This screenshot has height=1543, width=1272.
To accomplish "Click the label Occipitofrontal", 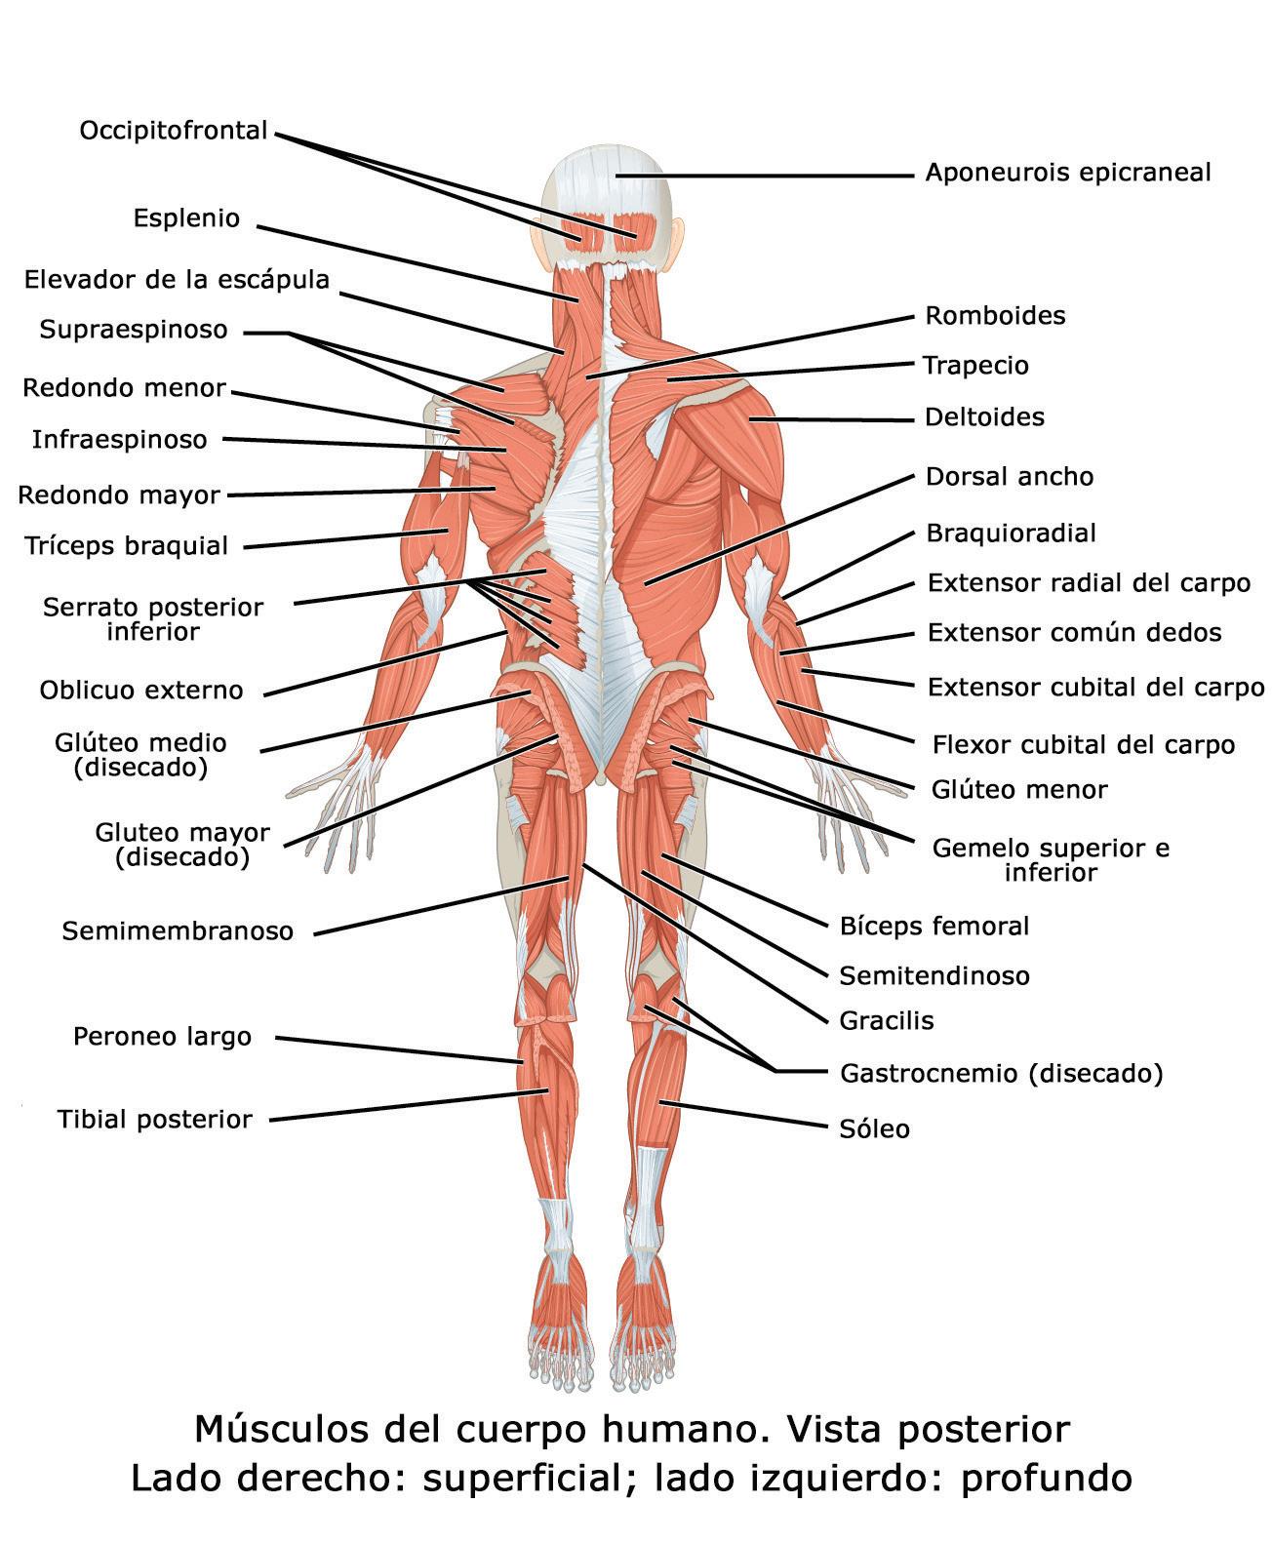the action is tap(174, 131).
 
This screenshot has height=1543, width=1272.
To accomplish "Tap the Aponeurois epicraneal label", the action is tap(1067, 173).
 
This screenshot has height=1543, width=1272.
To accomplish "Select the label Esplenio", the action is tap(186, 218).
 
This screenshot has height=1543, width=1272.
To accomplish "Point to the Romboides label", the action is tap(995, 316).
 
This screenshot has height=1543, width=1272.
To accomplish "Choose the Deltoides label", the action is tap(984, 417).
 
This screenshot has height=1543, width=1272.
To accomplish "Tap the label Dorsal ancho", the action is tap(1010, 477).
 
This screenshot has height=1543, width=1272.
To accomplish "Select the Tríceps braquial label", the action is tap(127, 546).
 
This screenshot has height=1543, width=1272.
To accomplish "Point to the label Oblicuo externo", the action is tap(141, 691).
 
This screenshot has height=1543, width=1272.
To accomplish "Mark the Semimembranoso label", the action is tap(178, 931).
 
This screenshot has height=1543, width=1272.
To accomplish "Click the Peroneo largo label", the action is tap(162, 1036).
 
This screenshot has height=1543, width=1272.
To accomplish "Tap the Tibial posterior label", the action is tap(155, 1120).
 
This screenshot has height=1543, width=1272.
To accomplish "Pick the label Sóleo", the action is tap(874, 1129).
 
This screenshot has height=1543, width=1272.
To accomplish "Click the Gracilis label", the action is tap(887, 1021).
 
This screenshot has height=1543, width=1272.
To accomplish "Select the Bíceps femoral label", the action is tap(934, 926).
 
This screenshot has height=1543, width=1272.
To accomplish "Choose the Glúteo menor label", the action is tap(1019, 789).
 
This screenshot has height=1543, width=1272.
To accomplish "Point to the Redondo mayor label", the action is tap(119, 495).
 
